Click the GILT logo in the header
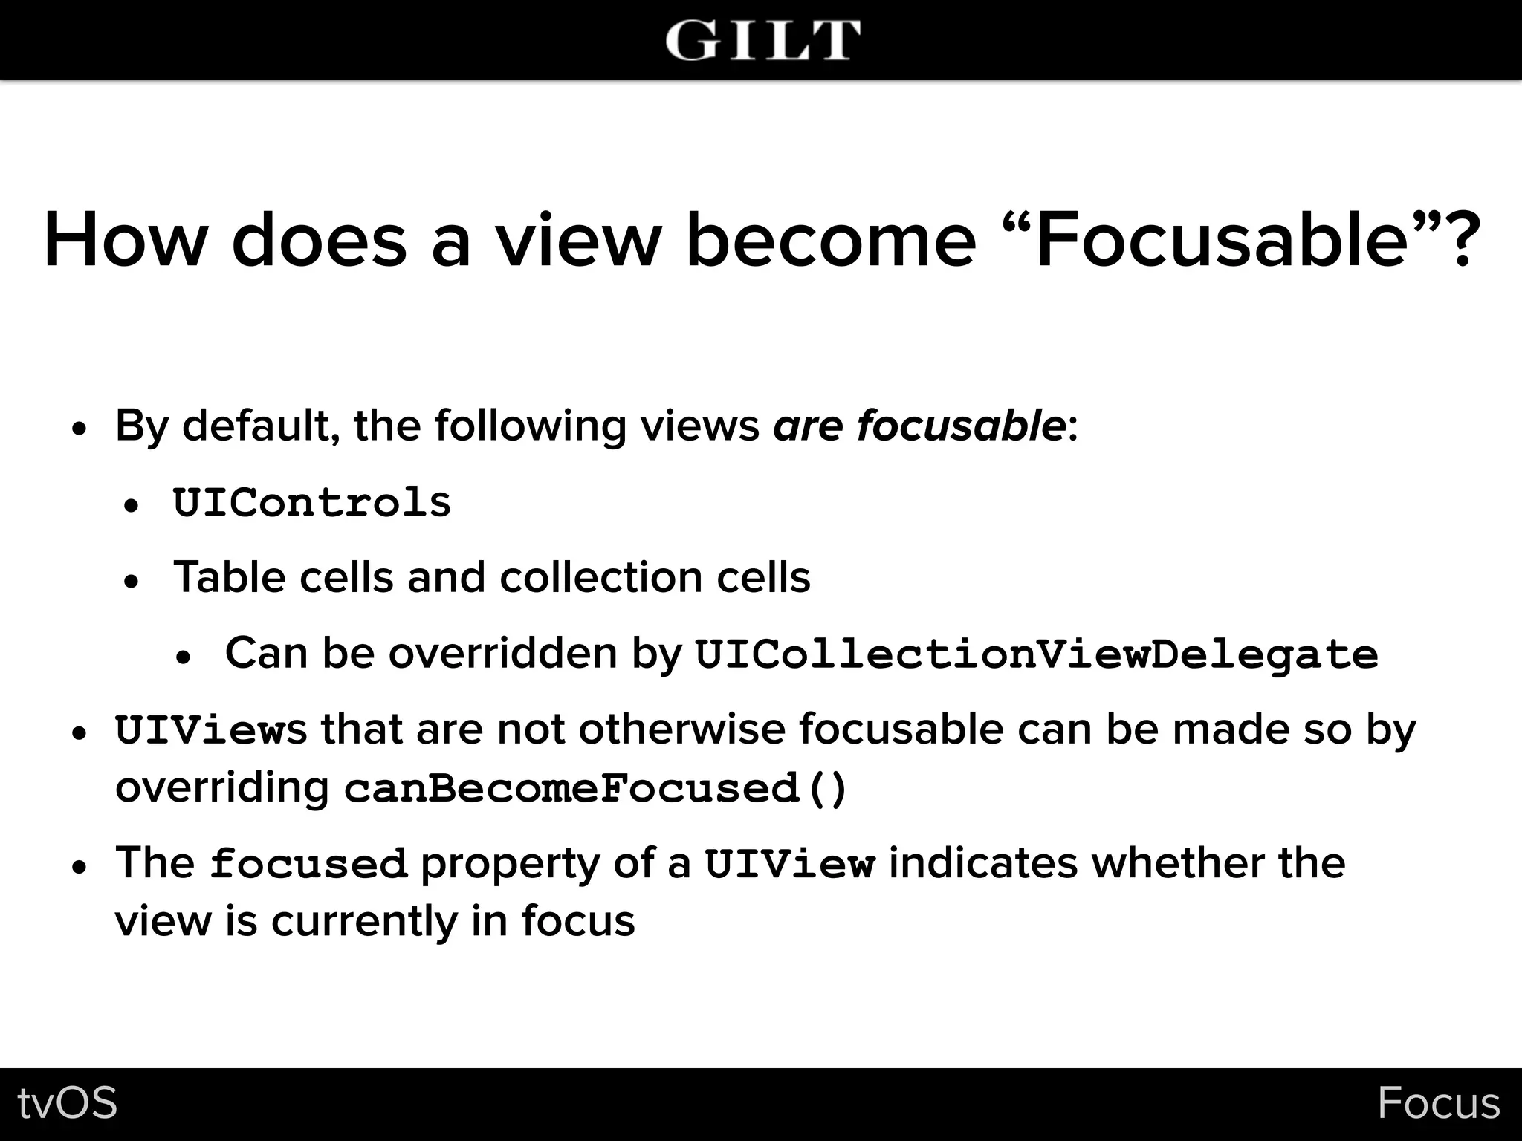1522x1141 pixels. click(x=762, y=40)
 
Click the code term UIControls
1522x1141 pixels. click(x=312, y=503)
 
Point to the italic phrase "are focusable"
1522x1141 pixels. click(x=919, y=426)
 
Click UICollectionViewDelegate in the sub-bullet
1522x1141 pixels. click(x=1036, y=654)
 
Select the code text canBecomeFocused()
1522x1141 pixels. click(x=595, y=788)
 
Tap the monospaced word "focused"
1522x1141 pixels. click(x=308, y=864)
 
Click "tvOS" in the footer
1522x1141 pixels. click(x=68, y=1103)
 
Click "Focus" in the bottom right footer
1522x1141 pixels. click(x=1438, y=1103)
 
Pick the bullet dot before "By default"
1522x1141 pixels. click(x=80, y=430)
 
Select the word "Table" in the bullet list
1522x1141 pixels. click(x=229, y=577)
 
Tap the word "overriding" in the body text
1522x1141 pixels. click(x=221, y=787)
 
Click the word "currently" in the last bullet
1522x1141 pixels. click(x=364, y=922)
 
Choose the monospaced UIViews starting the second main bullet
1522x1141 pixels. click(x=210, y=730)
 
